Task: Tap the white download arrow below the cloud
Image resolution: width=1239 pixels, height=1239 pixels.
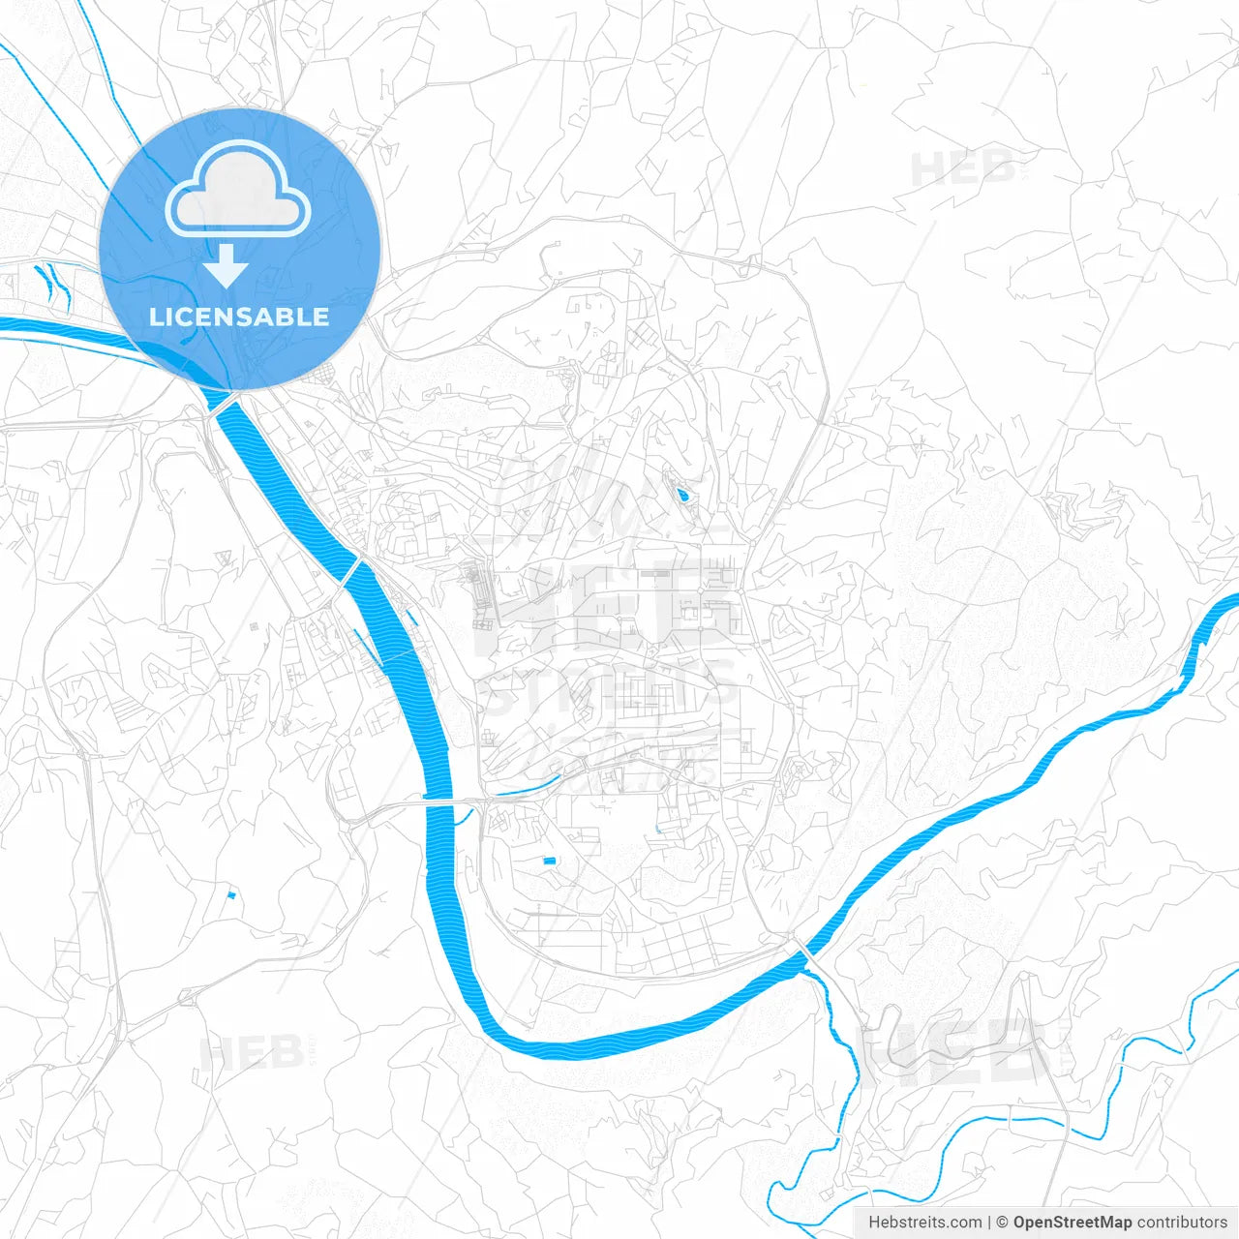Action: (227, 266)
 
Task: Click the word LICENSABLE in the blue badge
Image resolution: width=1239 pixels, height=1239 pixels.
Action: (239, 317)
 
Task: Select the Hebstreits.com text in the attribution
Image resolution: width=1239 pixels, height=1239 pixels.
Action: (924, 1223)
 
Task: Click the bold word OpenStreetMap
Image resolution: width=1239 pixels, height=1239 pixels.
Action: (1072, 1223)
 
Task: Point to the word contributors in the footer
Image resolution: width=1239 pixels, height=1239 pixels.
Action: (1182, 1223)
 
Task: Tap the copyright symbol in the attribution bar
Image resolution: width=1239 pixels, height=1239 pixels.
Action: (1002, 1223)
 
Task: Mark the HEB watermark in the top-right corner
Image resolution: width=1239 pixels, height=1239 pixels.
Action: (963, 170)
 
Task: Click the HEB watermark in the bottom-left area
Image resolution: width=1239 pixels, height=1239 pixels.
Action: (251, 1052)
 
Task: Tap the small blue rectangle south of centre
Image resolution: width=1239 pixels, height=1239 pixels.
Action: (550, 861)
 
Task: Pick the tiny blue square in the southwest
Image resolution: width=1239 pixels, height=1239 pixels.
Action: (230, 894)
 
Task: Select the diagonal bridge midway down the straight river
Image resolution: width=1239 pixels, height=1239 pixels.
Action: (353, 570)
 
